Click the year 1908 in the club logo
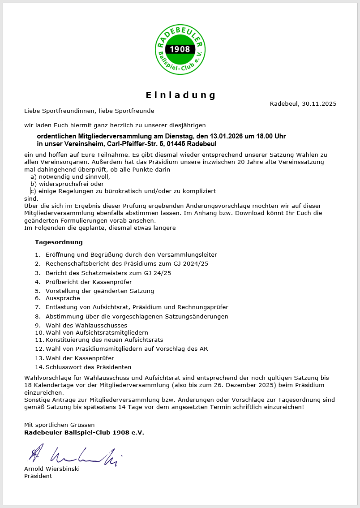click(x=180, y=49)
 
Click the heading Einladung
click(x=181, y=95)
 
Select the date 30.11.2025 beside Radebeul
click(x=319, y=103)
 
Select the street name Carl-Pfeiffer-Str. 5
click(x=135, y=144)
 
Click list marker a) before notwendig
click(x=33, y=177)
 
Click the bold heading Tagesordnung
click(x=59, y=242)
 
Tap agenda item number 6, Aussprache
click(x=63, y=298)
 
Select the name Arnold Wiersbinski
click(x=52, y=469)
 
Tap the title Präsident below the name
click(x=38, y=476)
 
